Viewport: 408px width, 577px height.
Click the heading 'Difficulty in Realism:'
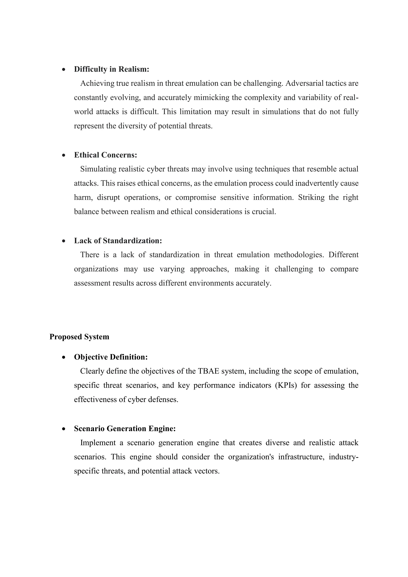tap(112, 69)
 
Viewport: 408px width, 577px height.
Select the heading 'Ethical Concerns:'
tap(106, 155)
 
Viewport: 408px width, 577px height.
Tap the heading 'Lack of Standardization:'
tap(118, 241)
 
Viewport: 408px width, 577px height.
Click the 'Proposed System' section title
tap(79, 337)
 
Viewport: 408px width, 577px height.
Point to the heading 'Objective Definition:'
tap(111, 357)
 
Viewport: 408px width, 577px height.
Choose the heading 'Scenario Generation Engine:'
tap(125, 429)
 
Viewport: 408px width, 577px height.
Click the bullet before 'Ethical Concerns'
tap(64, 156)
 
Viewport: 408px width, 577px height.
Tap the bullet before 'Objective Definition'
tap(64, 358)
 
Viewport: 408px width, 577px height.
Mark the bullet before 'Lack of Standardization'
tap(64, 241)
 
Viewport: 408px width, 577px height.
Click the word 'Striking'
tap(311, 197)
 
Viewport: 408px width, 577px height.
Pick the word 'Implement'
tap(98, 443)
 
